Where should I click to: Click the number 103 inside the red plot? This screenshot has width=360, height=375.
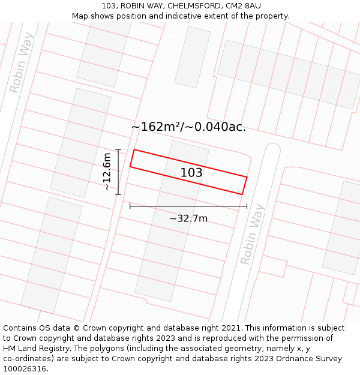191,173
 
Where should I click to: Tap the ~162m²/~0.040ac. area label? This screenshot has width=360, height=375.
188,127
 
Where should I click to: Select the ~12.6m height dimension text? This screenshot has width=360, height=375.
107,172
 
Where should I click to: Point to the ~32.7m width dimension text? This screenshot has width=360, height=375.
188,218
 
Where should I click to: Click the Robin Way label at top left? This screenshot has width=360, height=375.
22,62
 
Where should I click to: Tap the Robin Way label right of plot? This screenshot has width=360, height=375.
252,235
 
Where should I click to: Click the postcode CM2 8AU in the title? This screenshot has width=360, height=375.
243,6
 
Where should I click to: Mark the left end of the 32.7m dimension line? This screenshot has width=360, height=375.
130,206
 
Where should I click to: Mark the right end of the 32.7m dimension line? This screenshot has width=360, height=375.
247,206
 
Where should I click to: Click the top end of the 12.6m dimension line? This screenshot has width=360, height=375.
118,149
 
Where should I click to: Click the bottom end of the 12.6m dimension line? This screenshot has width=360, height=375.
118,194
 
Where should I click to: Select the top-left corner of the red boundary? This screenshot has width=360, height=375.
134,149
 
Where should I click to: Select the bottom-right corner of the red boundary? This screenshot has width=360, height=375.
242,194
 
